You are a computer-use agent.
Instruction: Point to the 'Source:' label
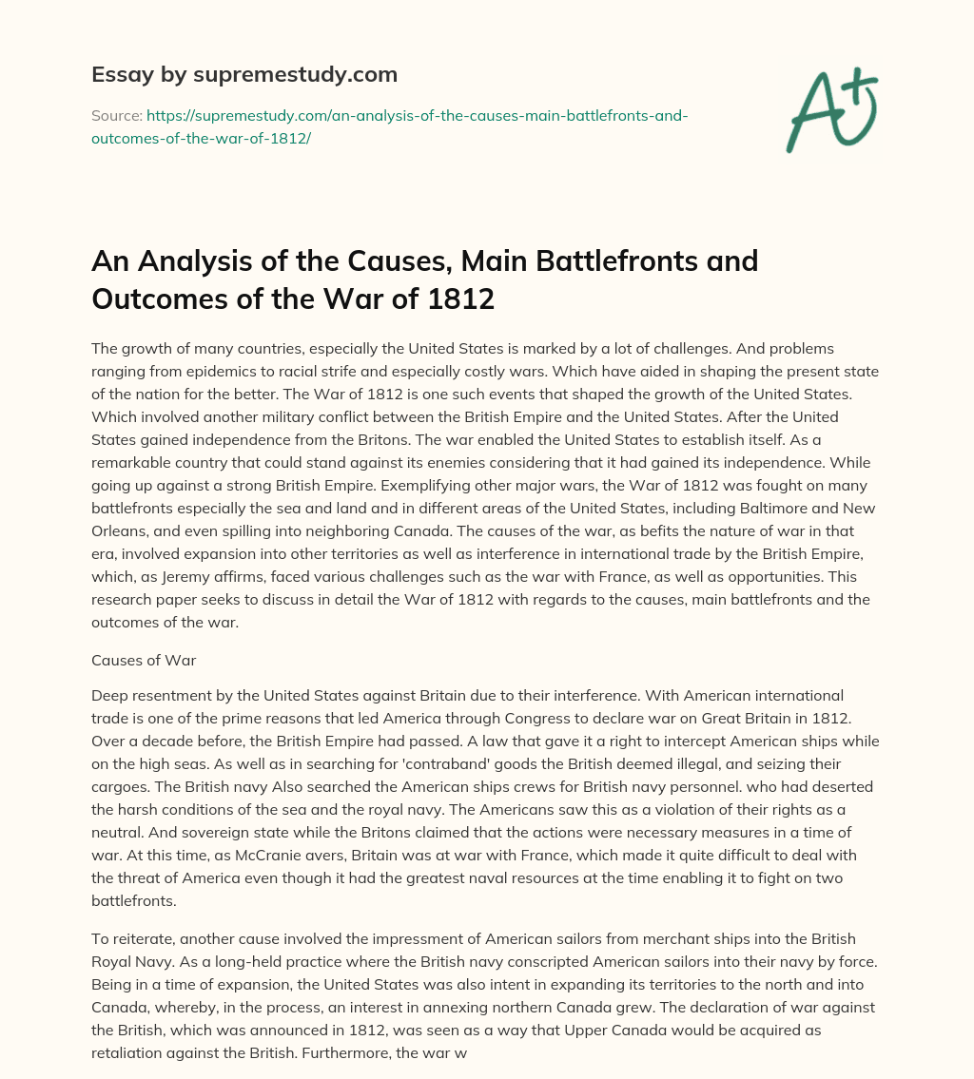click(116, 115)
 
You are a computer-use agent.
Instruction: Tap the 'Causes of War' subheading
click(144, 660)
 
